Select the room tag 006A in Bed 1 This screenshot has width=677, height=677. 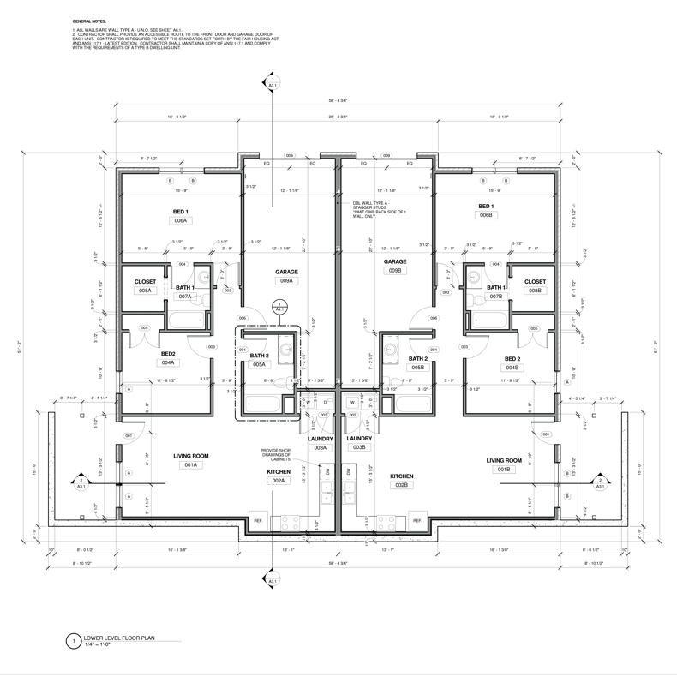point(181,220)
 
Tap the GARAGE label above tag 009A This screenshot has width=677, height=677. point(286,272)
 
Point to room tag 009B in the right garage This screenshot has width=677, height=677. point(395,271)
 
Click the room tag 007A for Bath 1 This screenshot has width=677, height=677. point(185,297)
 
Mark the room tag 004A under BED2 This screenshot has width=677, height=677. point(168,362)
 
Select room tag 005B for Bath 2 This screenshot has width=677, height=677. point(417,368)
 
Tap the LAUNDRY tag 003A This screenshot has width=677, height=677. point(320,447)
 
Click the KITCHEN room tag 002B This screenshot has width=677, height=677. point(402,485)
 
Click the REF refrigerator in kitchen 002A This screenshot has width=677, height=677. point(258,520)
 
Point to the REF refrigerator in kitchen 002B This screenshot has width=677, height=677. point(417,520)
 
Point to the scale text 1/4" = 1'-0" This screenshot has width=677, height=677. point(102,645)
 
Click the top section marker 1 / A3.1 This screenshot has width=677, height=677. point(273,83)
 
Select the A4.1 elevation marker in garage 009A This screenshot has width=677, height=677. point(279,309)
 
